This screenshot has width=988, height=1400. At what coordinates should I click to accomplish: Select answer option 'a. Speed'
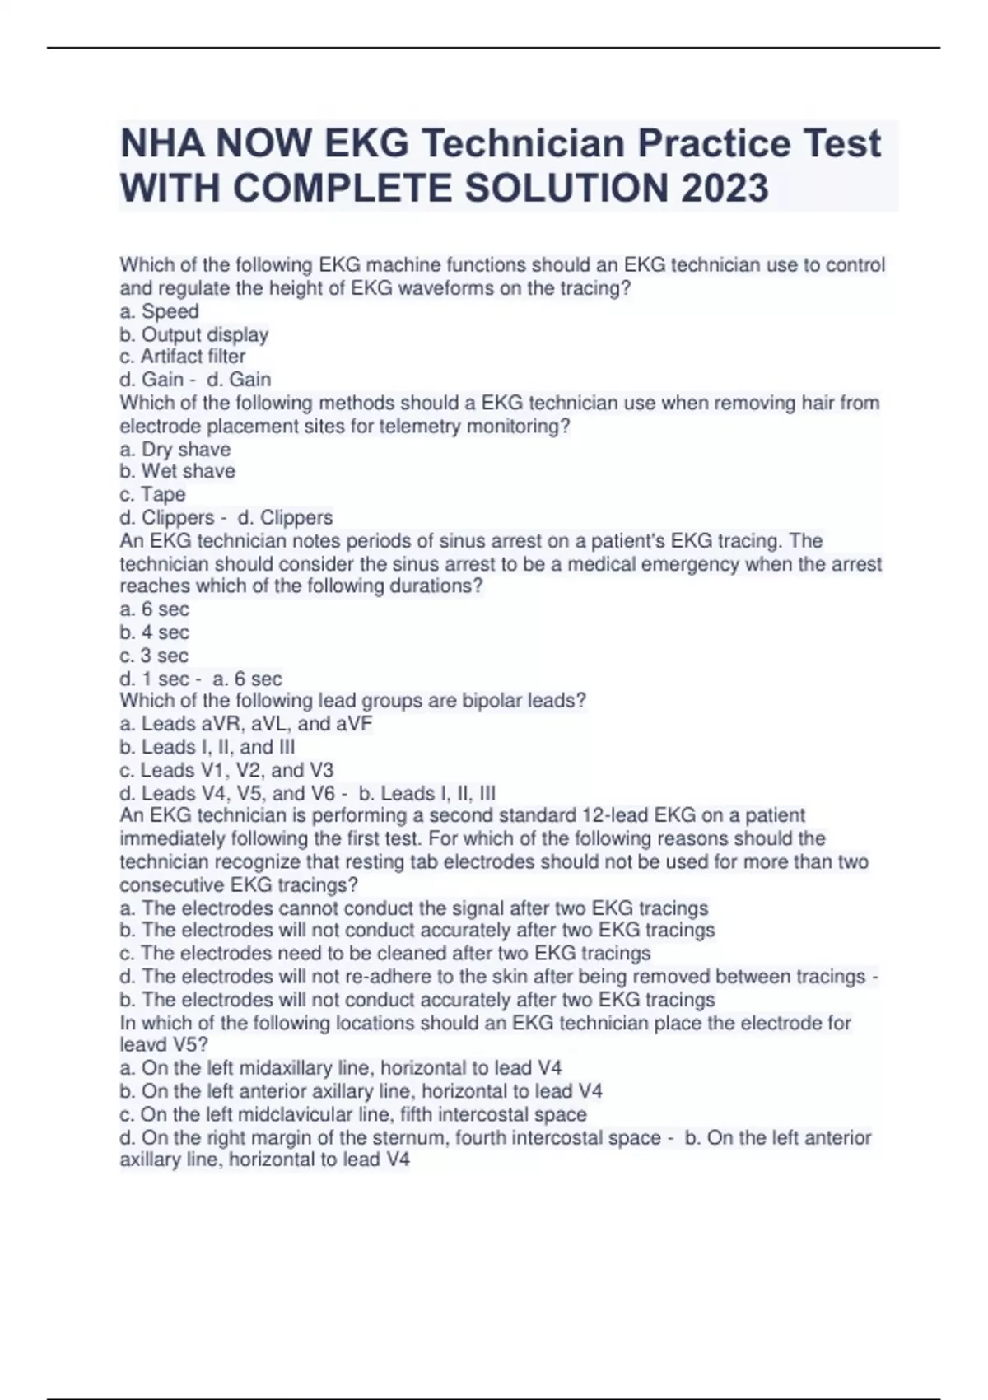tap(159, 311)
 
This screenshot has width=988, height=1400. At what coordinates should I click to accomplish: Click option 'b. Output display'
tap(193, 334)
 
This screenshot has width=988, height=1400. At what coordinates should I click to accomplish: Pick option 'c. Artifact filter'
tap(182, 357)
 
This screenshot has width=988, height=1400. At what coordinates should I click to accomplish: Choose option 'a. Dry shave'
tap(175, 449)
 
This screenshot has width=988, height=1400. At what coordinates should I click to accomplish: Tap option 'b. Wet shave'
tap(177, 471)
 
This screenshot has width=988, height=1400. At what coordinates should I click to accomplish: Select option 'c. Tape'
tap(152, 494)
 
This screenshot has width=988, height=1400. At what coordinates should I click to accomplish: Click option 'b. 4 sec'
tap(154, 632)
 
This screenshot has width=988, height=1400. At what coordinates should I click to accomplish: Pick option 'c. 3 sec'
tap(154, 656)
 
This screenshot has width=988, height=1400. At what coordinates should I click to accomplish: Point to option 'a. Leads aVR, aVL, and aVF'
tap(245, 724)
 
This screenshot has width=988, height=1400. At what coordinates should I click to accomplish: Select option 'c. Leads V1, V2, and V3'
tap(226, 770)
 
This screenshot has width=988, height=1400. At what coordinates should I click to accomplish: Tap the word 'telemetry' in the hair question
tap(420, 426)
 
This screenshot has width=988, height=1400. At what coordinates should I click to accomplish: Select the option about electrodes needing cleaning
tap(384, 953)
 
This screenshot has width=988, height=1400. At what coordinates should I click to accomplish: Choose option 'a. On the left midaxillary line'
tap(341, 1068)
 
